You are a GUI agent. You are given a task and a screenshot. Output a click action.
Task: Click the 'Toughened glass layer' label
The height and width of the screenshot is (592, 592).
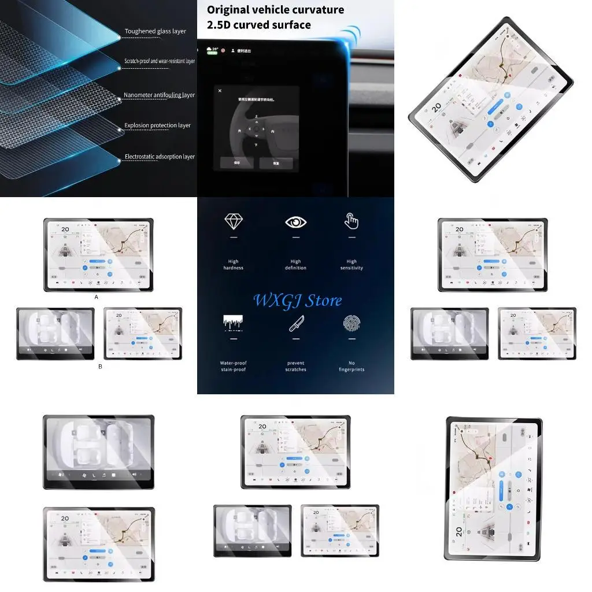[155, 31]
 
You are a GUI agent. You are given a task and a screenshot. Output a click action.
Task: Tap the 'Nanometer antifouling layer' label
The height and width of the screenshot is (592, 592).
[159, 95]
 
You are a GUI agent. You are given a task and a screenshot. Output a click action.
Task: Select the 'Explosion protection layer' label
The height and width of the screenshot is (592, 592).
[157, 125]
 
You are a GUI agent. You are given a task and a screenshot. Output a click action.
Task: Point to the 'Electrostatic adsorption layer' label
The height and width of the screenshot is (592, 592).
[160, 157]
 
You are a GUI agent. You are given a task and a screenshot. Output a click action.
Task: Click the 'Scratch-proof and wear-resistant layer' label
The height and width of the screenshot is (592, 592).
[160, 61]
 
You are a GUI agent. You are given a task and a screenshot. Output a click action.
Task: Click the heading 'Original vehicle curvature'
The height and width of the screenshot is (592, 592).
[275, 10]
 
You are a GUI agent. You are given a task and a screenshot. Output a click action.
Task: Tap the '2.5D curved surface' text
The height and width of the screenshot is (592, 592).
[259, 25]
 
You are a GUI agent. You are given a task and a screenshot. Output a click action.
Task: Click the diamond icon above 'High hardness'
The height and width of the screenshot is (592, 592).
[233, 221]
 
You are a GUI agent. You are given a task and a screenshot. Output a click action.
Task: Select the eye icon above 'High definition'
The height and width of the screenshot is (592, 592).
[295, 222]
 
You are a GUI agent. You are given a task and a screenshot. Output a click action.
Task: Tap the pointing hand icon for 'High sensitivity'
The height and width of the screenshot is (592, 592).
[351, 221]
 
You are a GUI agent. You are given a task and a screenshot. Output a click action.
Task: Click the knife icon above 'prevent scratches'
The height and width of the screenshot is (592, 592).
[295, 324]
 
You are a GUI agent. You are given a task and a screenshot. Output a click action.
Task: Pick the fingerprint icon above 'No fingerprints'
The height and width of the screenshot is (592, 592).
[351, 324]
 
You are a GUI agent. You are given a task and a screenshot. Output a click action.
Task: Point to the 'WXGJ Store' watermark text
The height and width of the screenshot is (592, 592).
[297, 301]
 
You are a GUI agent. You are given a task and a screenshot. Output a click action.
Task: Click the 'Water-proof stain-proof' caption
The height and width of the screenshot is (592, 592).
[234, 367]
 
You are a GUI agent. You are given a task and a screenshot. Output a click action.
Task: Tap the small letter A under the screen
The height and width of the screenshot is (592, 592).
[96, 296]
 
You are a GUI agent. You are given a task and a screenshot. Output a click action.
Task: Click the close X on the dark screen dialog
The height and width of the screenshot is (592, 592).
[220, 91]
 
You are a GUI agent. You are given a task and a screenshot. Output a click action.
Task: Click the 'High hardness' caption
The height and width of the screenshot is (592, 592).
[233, 265]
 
